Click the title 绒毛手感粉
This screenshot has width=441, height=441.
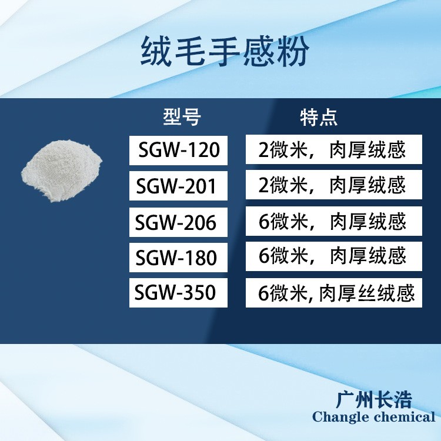pyautogui.click(x=225, y=52)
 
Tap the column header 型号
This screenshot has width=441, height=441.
pyautogui.click(x=182, y=117)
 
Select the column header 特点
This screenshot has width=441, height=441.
pyautogui.click(x=318, y=117)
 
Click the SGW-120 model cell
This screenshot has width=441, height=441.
pyautogui.click(x=178, y=150)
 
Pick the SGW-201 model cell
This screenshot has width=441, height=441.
pyautogui.click(x=178, y=186)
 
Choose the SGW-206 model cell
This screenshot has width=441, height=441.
pyautogui.click(x=178, y=222)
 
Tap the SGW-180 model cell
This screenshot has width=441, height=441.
pyautogui.click(x=178, y=258)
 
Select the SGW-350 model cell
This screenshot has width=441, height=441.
pyautogui.click(x=178, y=292)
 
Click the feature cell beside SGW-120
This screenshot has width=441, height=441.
pyautogui.click(x=334, y=149)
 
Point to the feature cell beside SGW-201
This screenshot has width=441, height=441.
pyautogui.click(x=334, y=185)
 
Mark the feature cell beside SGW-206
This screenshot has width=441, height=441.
pyautogui.click(x=334, y=221)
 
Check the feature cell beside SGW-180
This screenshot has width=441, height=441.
pyautogui.click(x=334, y=256)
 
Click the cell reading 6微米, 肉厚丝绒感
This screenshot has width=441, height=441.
pyautogui.click(x=334, y=293)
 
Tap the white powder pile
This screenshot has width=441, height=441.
pyautogui.click(x=62, y=171)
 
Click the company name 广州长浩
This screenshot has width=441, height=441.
pyautogui.click(x=374, y=399)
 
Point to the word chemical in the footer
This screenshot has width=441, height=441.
pyautogui.click(x=405, y=416)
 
